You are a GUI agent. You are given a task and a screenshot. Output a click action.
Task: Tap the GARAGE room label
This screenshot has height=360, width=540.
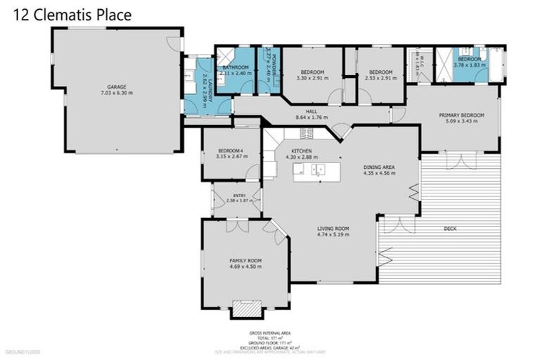(x=117, y=86)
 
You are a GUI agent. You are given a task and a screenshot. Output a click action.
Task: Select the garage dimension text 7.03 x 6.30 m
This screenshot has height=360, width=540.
(x=117, y=93)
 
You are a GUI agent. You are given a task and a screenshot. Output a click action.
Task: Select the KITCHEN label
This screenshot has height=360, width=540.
(x=302, y=152)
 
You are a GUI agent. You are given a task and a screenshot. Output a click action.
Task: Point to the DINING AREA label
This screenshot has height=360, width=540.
(x=378, y=167)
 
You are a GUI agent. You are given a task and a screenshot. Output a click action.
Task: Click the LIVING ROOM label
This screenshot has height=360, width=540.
(x=333, y=229)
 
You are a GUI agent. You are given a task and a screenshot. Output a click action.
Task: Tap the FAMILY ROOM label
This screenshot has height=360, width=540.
(x=245, y=260)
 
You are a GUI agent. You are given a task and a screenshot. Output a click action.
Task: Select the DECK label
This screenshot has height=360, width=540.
(x=451, y=229)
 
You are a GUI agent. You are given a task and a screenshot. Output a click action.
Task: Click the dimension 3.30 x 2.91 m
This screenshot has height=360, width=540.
(x=312, y=79)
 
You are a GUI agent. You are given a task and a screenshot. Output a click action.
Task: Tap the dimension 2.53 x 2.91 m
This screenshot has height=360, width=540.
(x=380, y=79)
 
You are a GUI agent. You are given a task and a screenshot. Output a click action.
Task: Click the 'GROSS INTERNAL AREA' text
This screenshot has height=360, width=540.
(x=270, y=333)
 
